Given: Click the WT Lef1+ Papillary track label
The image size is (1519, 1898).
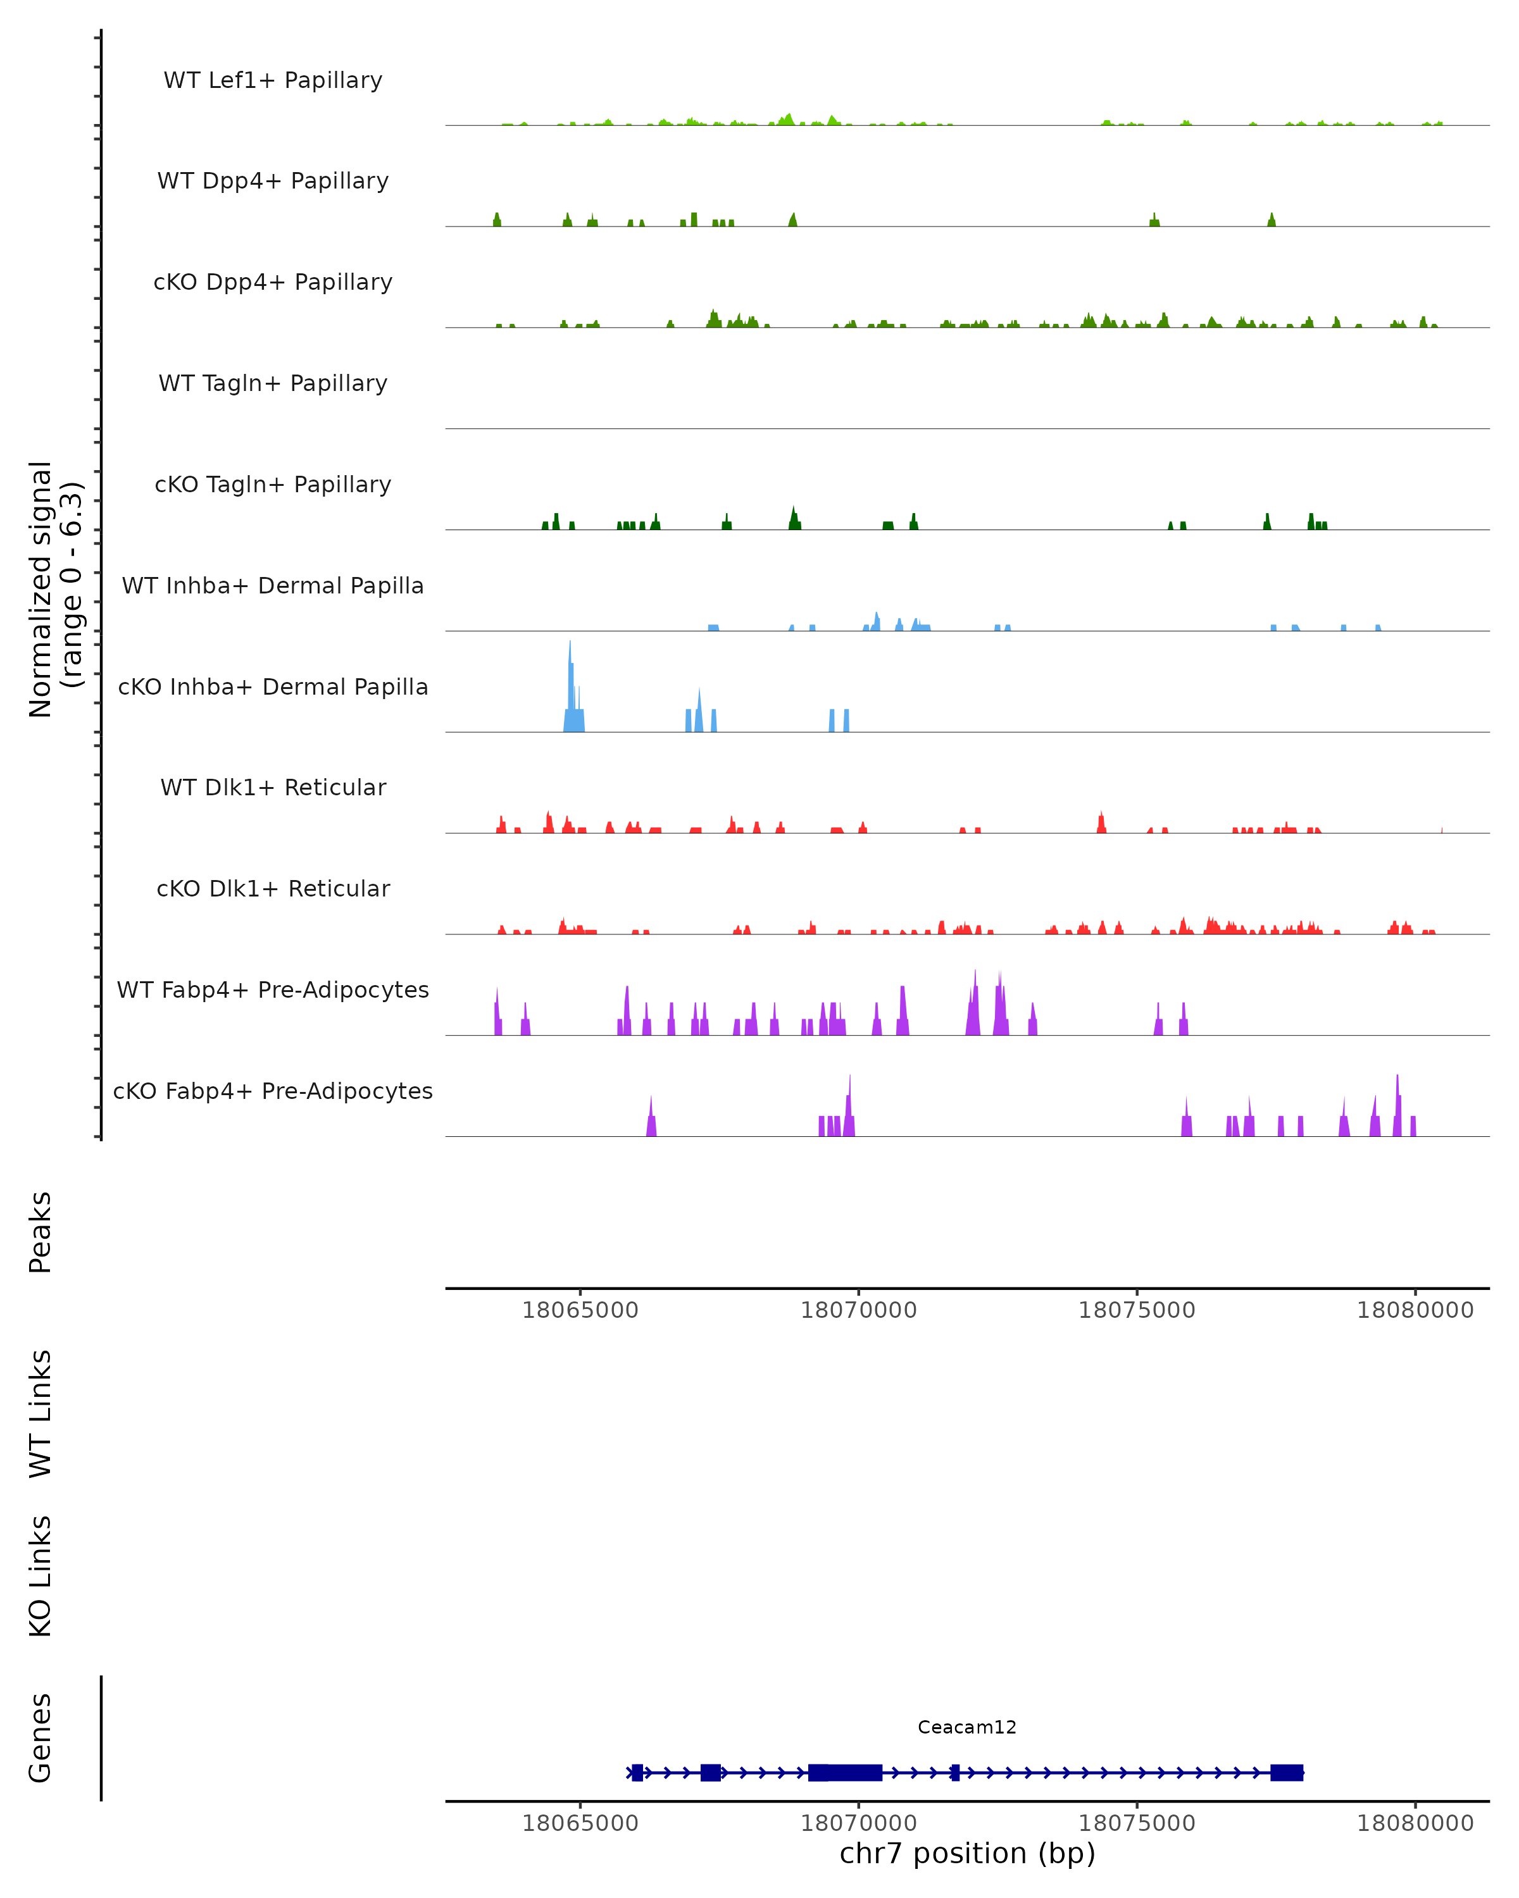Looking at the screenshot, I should click(x=273, y=80).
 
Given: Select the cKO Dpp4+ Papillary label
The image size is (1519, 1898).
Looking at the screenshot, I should click(x=273, y=282).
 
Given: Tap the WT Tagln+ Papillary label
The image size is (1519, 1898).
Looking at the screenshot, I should click(x=273, y=383).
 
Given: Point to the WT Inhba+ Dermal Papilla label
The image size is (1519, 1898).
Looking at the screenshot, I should click(x=273, y=585).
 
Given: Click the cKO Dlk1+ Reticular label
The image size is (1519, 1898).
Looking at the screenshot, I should click(x=273, y=888).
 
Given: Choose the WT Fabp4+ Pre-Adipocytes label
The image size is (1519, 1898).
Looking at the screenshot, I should click(x=273, y=989).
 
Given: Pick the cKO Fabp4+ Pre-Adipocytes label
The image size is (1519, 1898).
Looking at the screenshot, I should click(x=273, y=1091).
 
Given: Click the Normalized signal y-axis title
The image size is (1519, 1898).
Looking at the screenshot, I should click(x=54, y=589).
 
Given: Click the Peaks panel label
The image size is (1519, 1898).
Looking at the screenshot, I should click(x=41, y=1232).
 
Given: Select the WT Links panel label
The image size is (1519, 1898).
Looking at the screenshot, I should click(x=41, y=1413).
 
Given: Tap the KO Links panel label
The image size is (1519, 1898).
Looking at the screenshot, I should click(x=41, y=1576).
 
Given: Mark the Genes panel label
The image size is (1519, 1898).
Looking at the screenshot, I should click(x=41, y=1738).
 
